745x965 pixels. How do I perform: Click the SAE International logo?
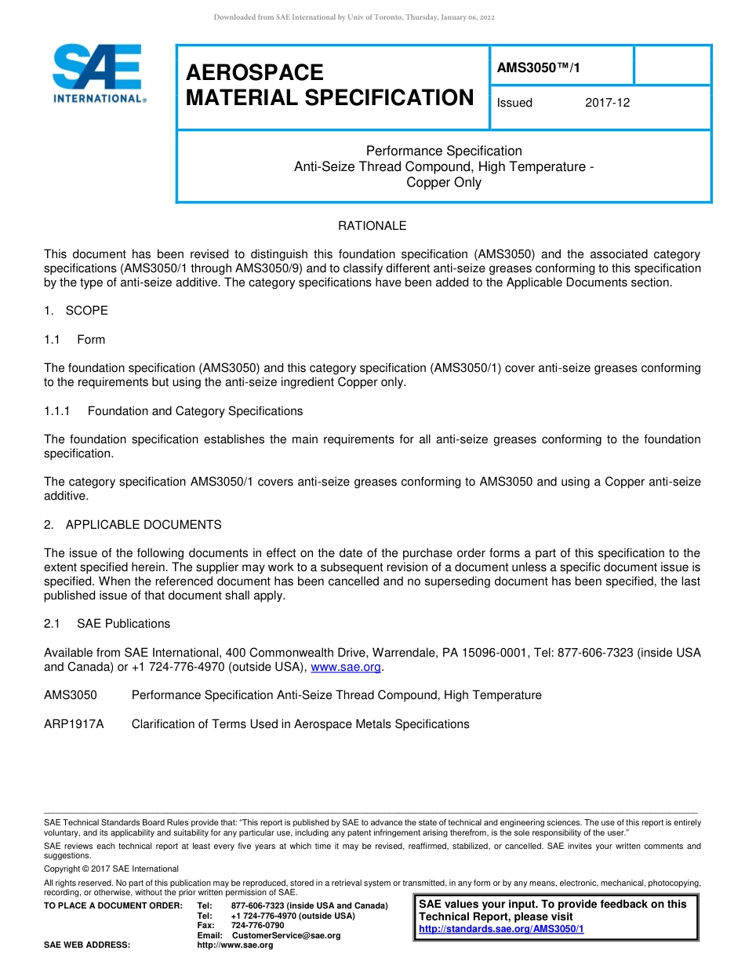(x=98, y=74)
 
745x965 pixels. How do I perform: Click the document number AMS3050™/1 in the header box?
(x=538, y=68)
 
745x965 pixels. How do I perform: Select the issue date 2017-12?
(x=607, y=103)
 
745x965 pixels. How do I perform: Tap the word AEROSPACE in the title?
(x=254, y=73)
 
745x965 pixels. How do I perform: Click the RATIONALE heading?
(x=372, y=226)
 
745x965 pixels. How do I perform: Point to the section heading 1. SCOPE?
(x=76, y=311)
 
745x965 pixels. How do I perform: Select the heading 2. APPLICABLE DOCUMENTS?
(x=133, y=525)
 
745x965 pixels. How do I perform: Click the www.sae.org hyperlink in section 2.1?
(x=346, y=667)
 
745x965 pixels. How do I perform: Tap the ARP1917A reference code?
(x=74, y=724)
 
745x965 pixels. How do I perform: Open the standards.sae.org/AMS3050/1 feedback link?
(x=501, y=929)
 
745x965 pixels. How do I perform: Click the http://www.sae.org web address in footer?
(x=235, y=945)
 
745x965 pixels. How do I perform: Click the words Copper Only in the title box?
(x=444, y=183)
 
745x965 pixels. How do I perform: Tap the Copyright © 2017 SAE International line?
(x=111, y=868)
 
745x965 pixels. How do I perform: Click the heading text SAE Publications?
(x=123, y=624)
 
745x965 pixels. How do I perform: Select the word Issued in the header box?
(x=514, y=103)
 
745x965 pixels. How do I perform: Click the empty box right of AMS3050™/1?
(x=671, y=65)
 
